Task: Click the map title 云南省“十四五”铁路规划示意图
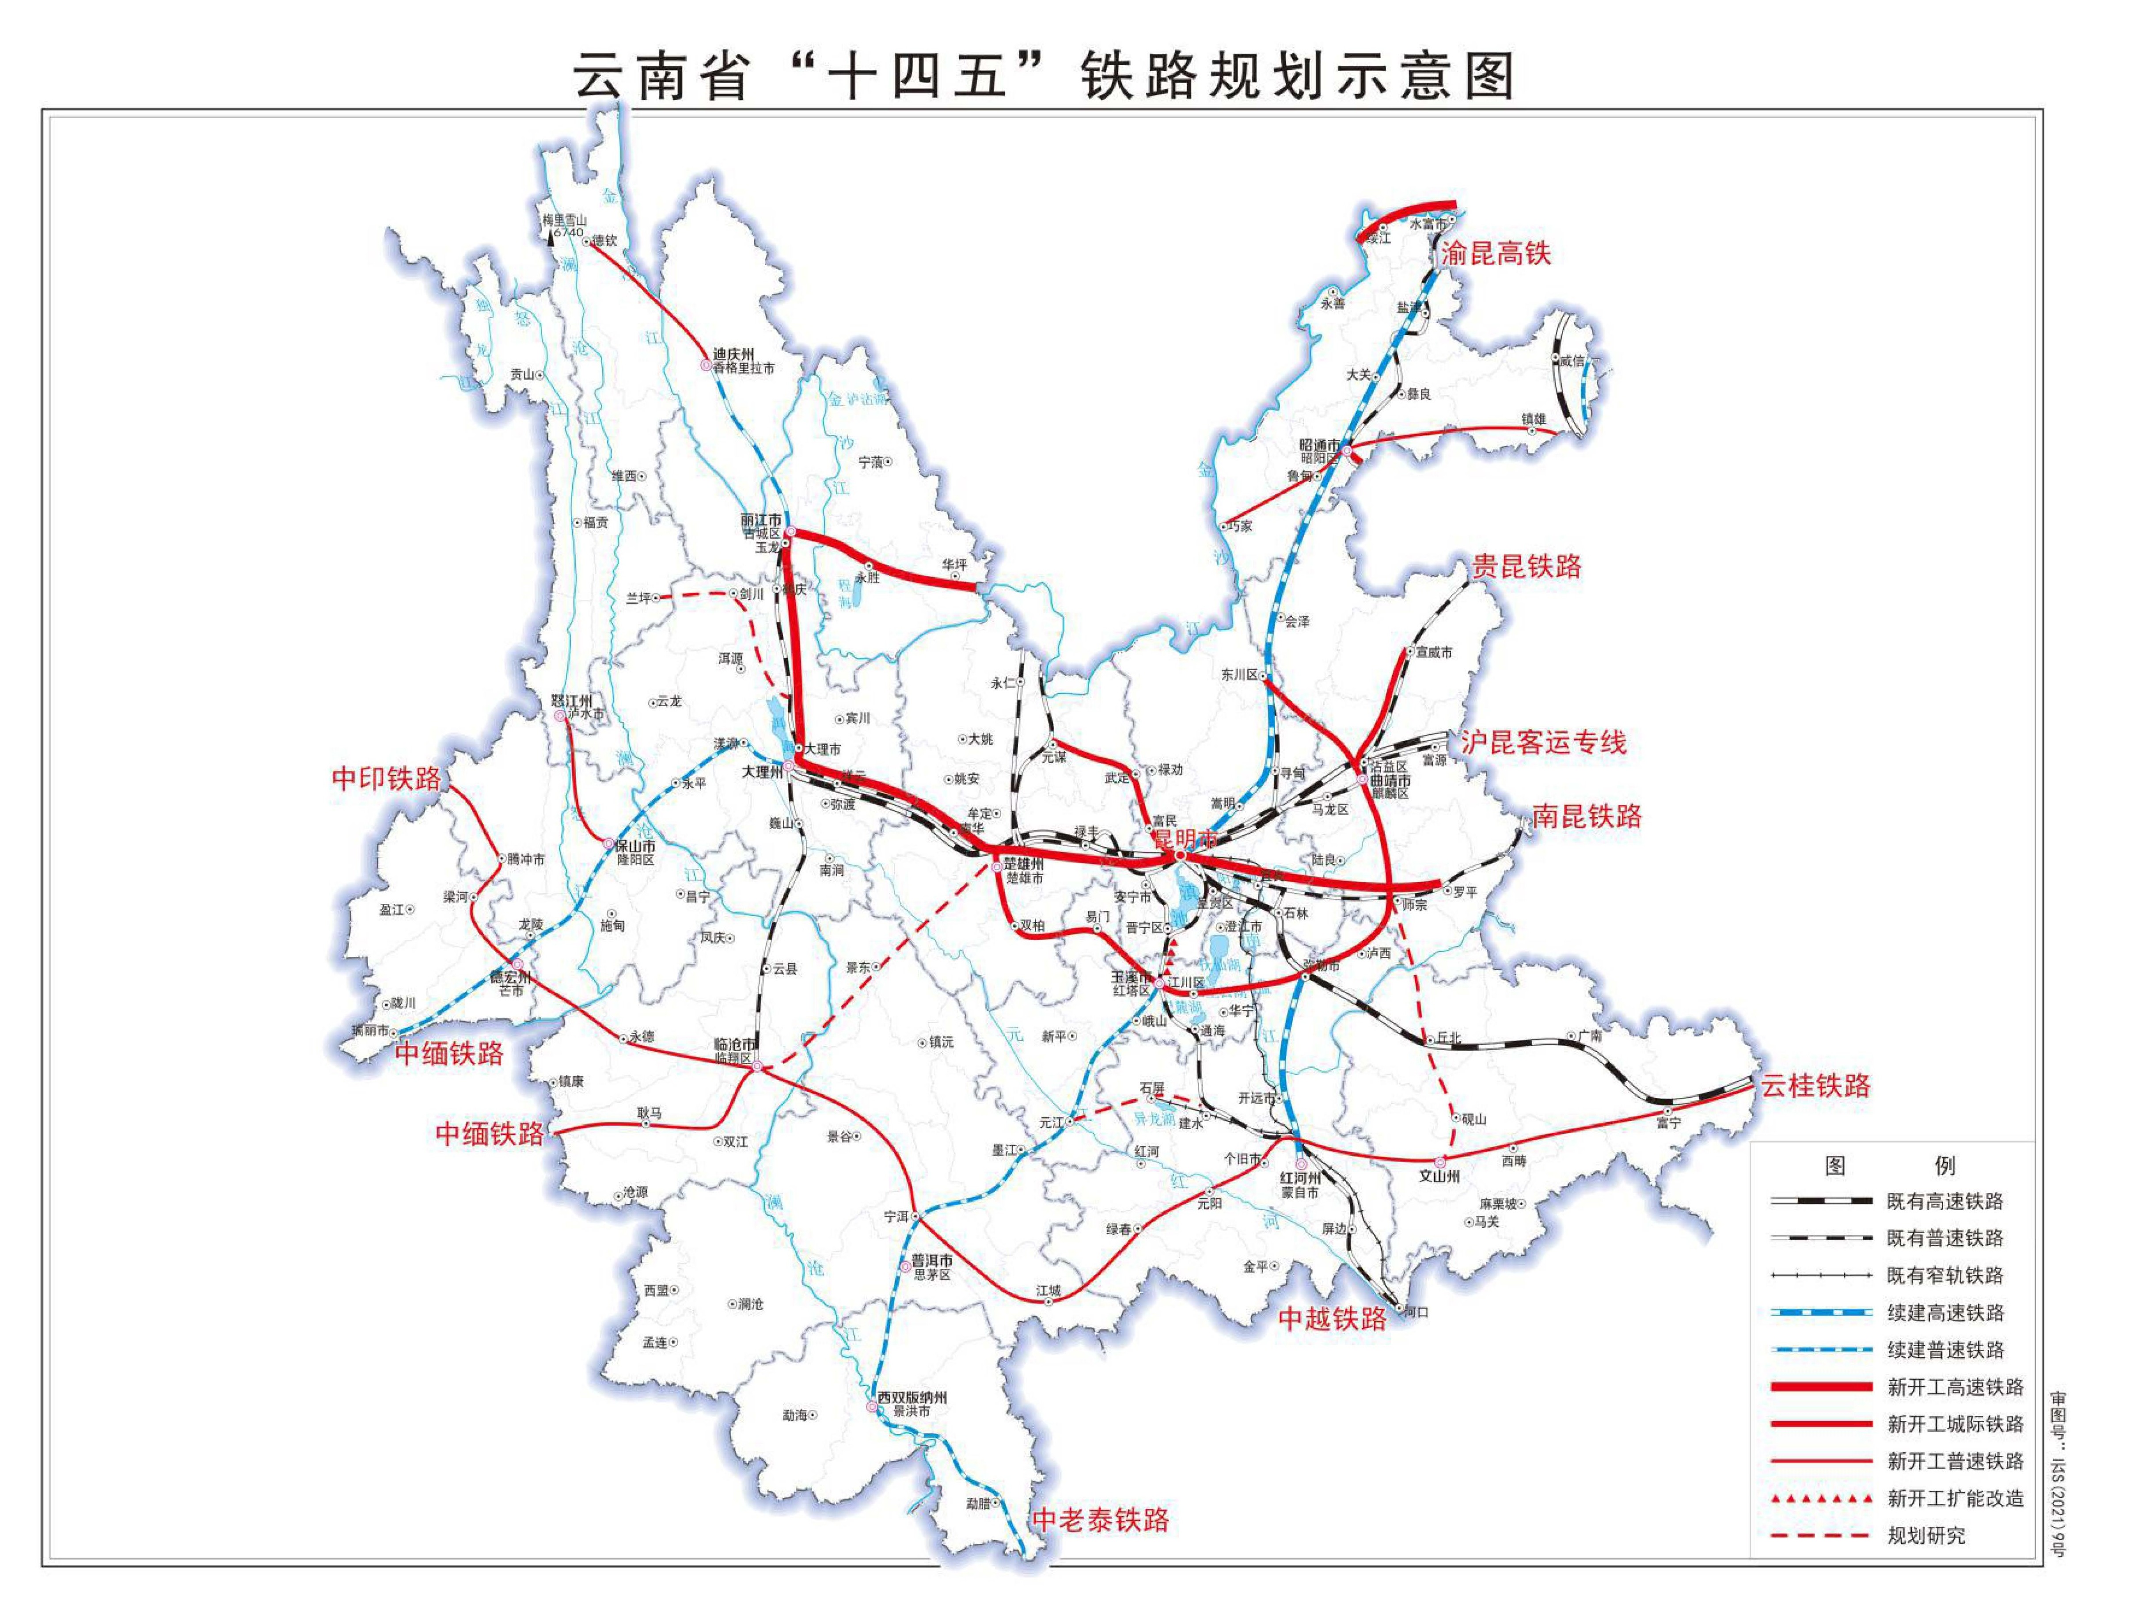1044,76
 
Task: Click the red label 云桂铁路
1814,1085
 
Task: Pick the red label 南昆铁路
1587,817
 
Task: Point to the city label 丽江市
762,520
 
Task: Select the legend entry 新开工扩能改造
1954,1498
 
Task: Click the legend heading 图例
1890,1166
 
